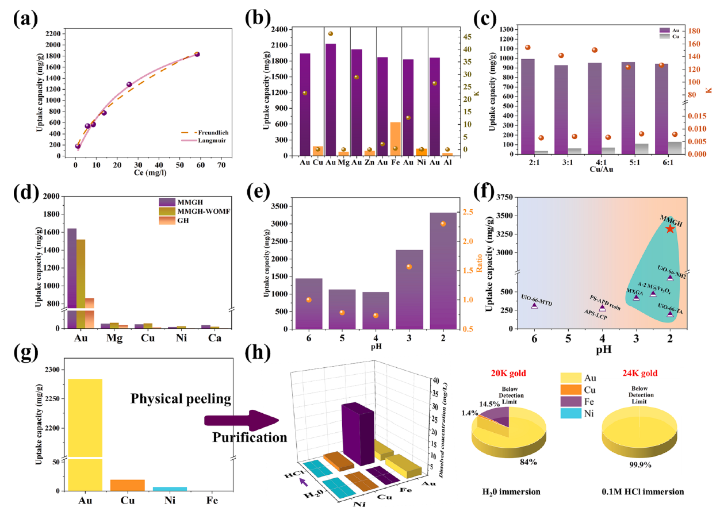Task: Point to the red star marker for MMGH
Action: [669, 228]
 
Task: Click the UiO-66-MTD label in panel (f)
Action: [535, 298]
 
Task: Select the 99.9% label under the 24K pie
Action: [642, 464]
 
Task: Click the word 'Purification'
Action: [249, 438]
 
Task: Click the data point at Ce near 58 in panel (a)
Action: [197, 54]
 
